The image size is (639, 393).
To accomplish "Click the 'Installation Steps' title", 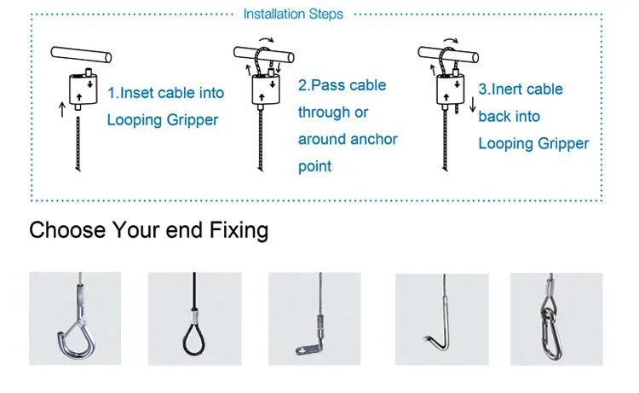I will tap(293, 14).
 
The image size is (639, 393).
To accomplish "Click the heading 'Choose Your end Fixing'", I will tap(149, 230).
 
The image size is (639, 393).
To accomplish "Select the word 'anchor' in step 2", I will tap(372, 139).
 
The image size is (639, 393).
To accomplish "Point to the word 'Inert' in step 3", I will tap(510, 90).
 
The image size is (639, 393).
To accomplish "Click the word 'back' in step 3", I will tap(495, 117).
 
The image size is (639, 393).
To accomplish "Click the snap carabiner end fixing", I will tap(556, 319).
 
